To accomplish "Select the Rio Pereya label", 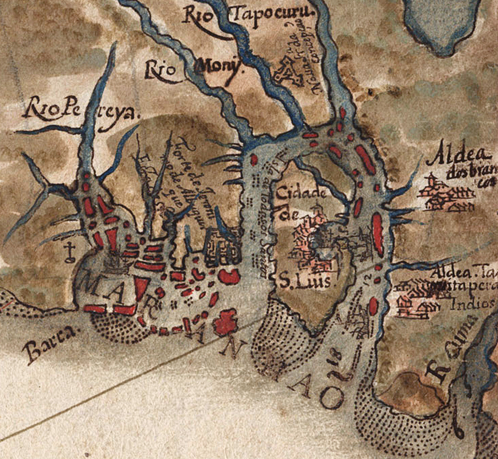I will [x=79, y=108].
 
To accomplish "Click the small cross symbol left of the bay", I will [x=68, y=252].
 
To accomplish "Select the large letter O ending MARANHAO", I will [x=331, y=399].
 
